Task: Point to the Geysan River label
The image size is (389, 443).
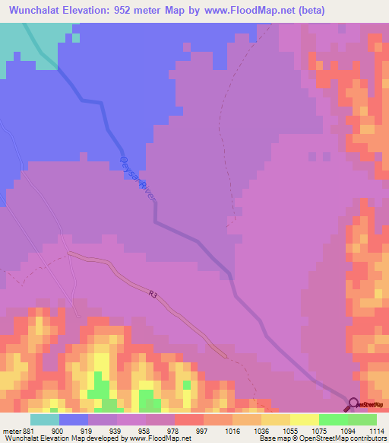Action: (x=137, y=177)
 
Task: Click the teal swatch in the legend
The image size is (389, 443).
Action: (x=44, y=419)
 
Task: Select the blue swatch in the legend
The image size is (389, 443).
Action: (x=74, y=419)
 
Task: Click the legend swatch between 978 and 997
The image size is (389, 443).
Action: (x=189, y=419)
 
